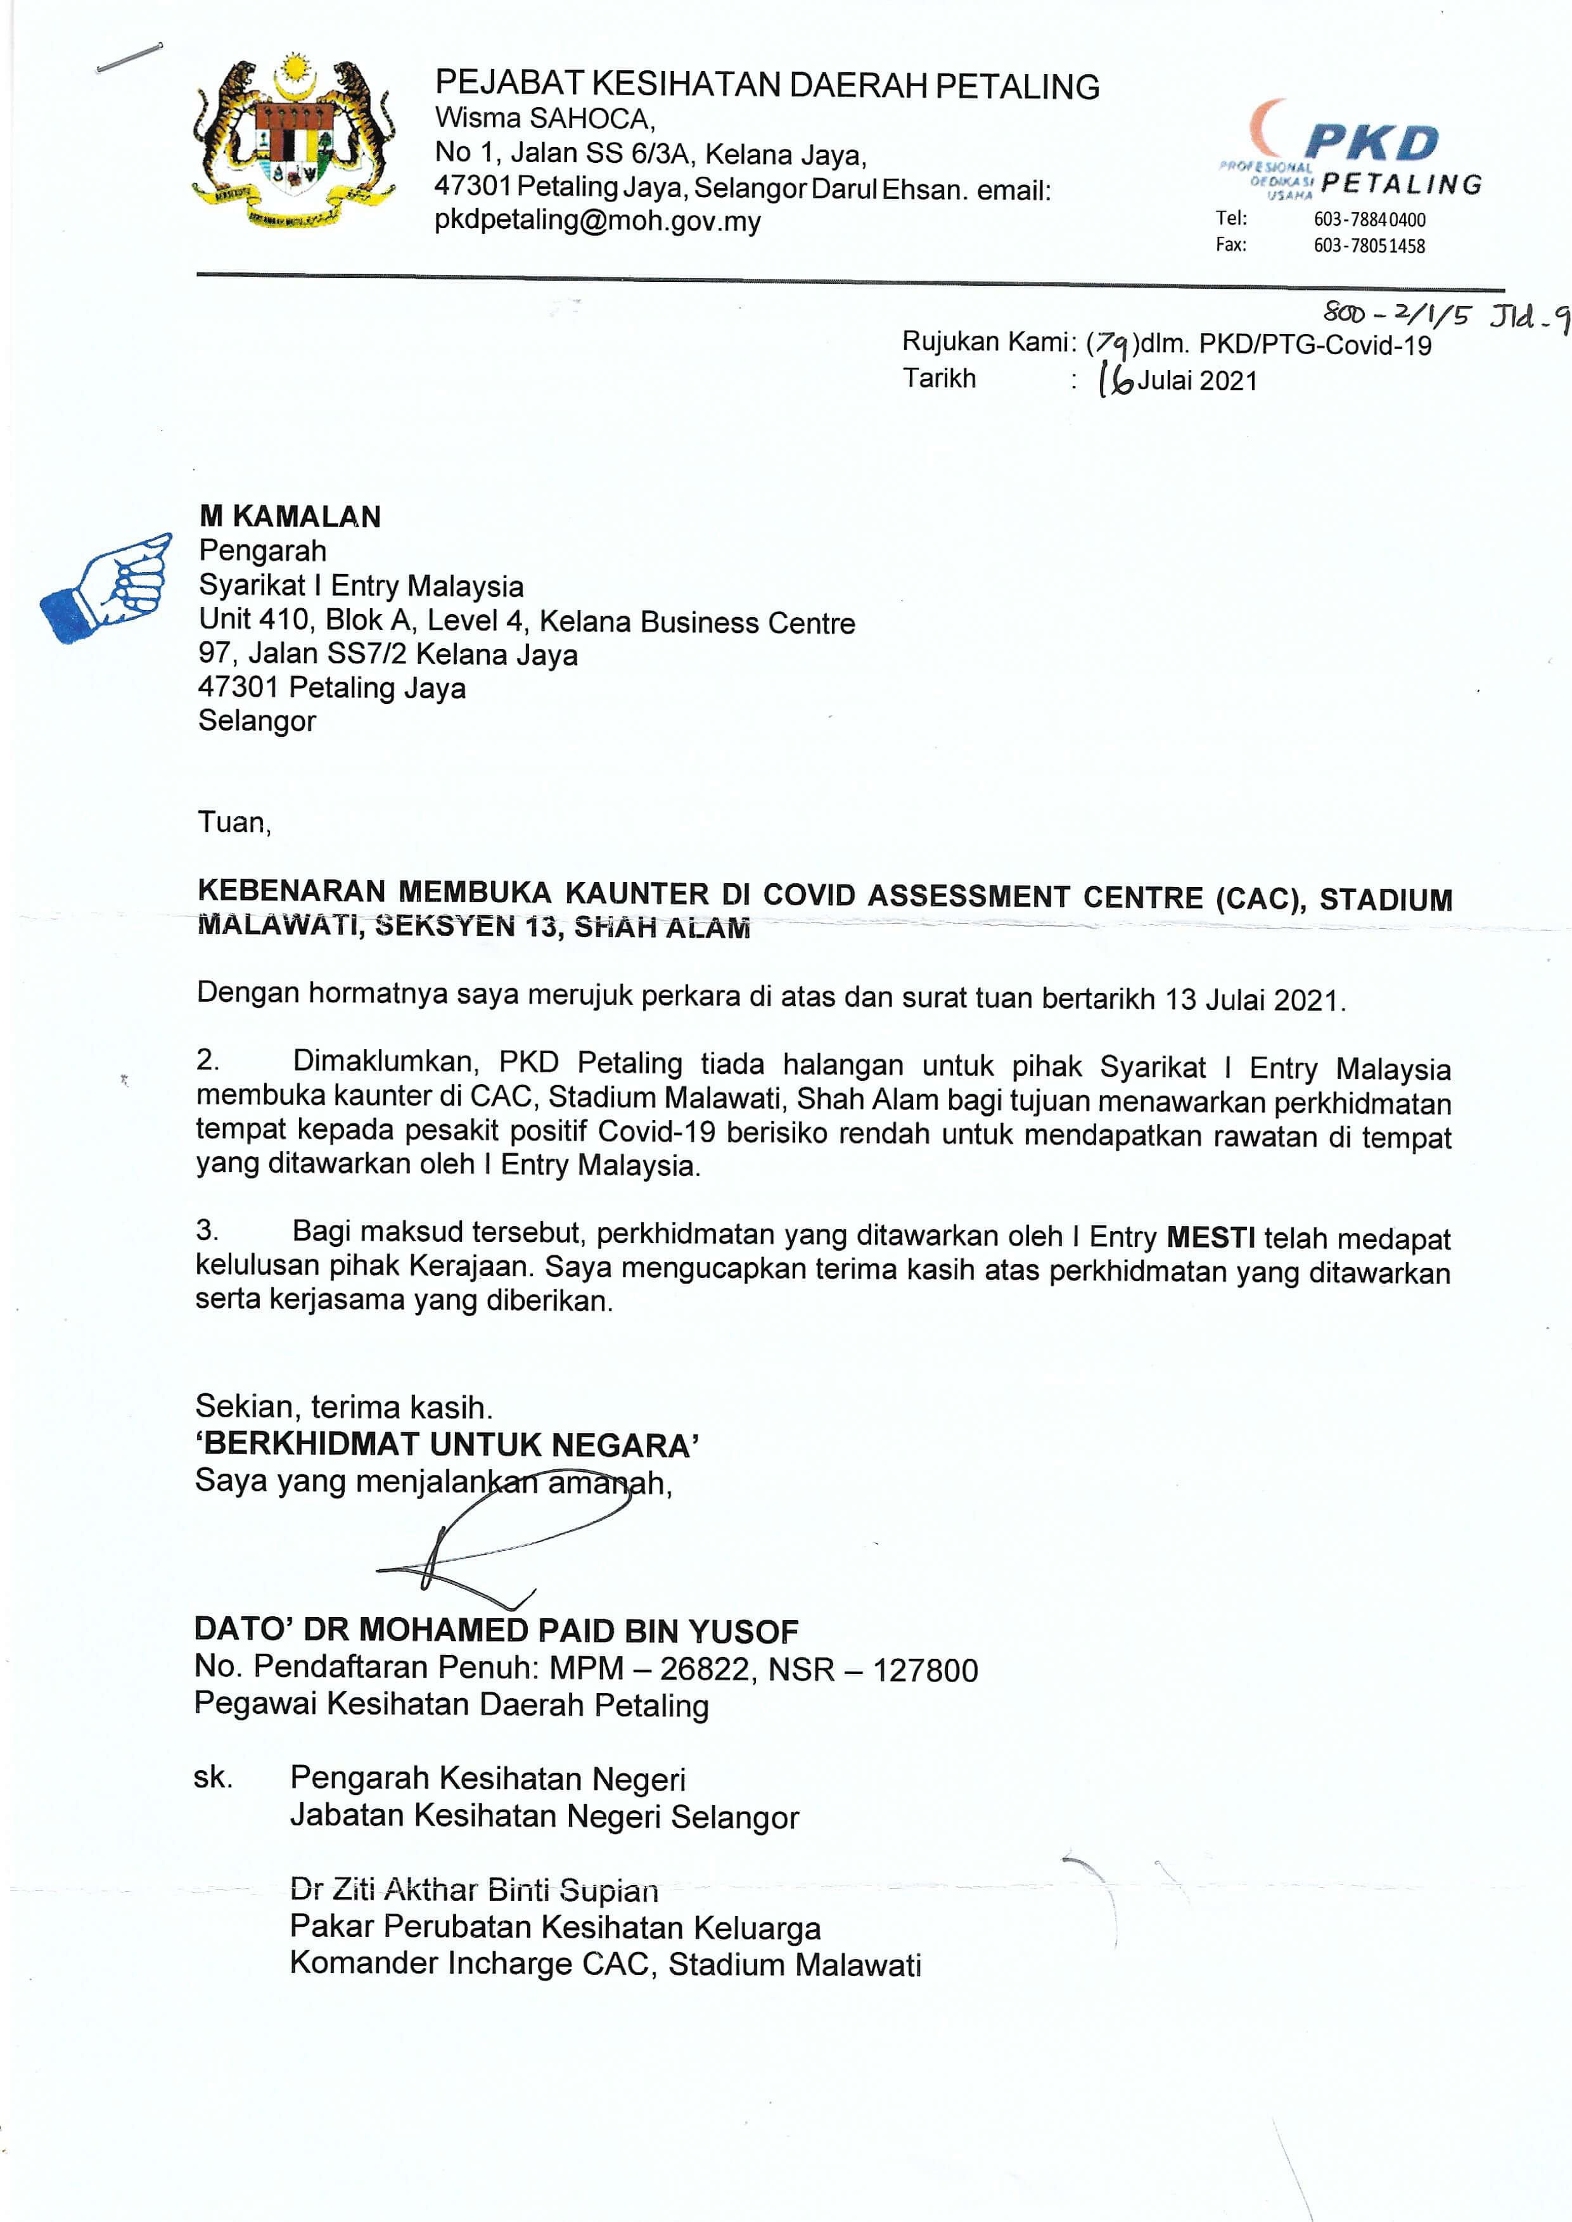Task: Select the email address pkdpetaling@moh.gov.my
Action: [x=597, y=222]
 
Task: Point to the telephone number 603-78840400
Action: [x=1369, y=220]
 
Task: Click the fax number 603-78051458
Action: [x=1369, y=246]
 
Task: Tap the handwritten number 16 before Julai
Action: [x=1115, y=380]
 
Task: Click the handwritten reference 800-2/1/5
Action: [x=1396, y=314]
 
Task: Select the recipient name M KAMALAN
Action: [x=290, y=517]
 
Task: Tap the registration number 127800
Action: [x=924, y=1670]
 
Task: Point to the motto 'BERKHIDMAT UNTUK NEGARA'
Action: [x=447, y=1445]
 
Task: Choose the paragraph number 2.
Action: [x=207, y=1060]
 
